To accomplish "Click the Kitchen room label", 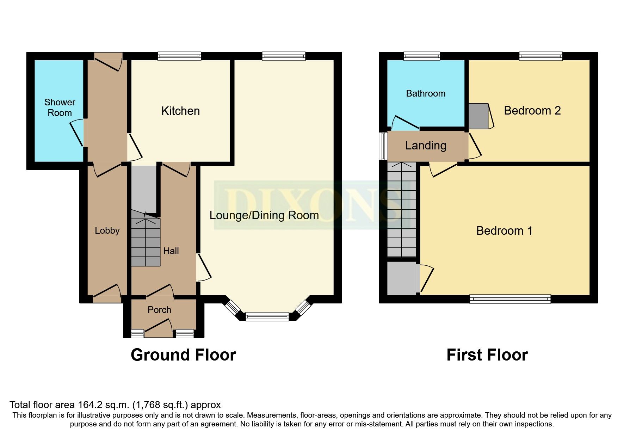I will pyautogui.click(x=180, y=111).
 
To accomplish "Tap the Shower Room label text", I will pyautogui.click(x=60, y=107).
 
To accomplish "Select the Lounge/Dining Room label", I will pyautogui.click(x=264, y=215).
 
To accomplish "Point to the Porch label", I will pyautogui.click(x=159, y=310).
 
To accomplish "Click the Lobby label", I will pyautogui.click(x=107, y=230).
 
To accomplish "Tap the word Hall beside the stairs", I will pyautogui.click(x=171, y=251).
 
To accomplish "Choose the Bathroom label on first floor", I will pyautogui.click(x=426, y=93).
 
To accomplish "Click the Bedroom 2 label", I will pyautogui.click(x=532, y=111).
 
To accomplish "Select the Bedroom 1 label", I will pyautogui.click(x=504, y=231).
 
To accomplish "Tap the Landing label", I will pyautogui.click(x=426, y=146).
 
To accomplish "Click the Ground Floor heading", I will pyautogui.click(x=183, y=355).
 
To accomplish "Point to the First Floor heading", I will pyautogui.click(x=487, y=355).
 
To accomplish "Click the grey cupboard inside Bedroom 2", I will pyautogui.click(x=478, y=116).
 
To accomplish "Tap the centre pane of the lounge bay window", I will pyautogui.click(x=267, y=316).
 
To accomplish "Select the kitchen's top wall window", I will pyautogui.click(x=179, y=56).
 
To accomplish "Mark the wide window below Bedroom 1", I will pyautogui.click(x=510, y=299).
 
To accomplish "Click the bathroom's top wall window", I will pyautogui.click(x=422, y=56).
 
